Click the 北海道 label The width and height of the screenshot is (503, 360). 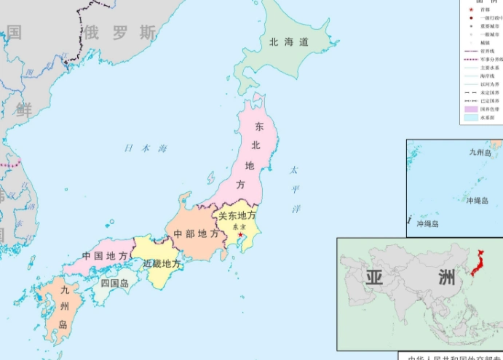click(x=289, y=42)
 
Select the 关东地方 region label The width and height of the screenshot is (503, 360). click(x=237, y=215)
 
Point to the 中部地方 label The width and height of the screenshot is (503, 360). click(x=195, y=234)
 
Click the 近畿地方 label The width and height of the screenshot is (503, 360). click(x=162, y=263)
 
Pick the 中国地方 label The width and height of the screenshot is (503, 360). click(x=105, y=256)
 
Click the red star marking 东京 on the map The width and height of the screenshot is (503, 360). click(x=240, y=234)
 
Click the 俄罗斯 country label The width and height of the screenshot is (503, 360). click(x=119, y=32)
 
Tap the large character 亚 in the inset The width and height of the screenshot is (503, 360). click(x=374, y=277)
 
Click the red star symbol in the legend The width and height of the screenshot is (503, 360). click(x=470, y=11)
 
